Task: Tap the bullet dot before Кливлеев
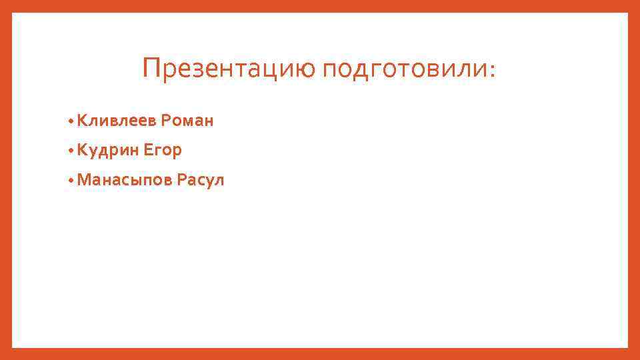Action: click(x=70, y=121)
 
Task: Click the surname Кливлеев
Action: click(x=117, y=121)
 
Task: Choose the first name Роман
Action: click(x=187, y=121)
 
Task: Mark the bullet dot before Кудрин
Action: click(x=70, y=151)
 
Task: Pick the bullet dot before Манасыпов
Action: click(x=70, y=181)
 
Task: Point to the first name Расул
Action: click(x=201, y=180)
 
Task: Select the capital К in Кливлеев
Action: click(x=82, y=121)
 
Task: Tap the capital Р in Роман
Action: click(x=165, y=121)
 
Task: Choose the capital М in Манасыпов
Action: click(x=84, y=180)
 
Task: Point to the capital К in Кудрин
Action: click(x=82, y=151)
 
